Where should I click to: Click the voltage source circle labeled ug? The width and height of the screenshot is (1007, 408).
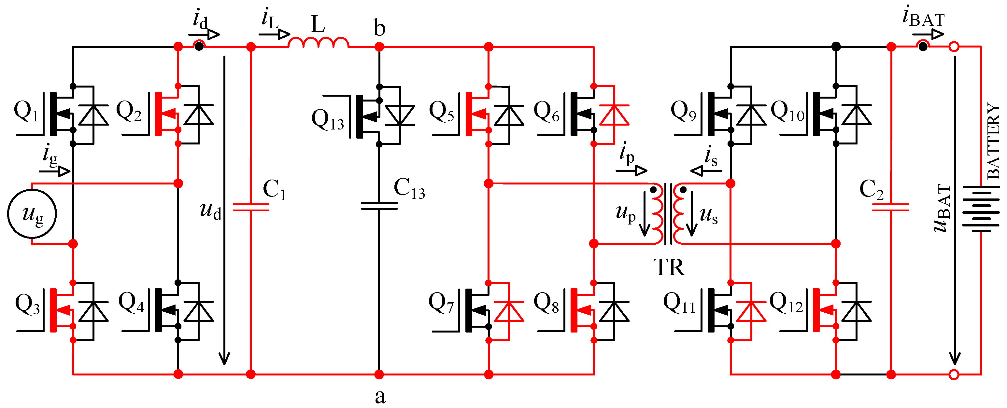click(32, 213)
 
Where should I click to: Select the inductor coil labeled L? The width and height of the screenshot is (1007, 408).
click(318, 42)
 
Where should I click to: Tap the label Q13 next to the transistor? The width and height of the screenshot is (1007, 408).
click(328, 119)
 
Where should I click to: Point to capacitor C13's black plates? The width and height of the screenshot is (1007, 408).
click(379, 206)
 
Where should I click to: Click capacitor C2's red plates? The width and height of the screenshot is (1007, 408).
click(890, 207)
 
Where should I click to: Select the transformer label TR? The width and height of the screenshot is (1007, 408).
click(669, 268)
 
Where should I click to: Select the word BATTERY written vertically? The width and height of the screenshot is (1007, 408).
click(993, 141)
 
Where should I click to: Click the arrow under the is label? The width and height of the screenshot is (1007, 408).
click(706, 170)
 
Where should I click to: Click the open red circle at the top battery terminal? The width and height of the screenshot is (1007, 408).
click(954, 47)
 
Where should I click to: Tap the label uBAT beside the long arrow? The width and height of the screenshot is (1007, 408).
click(942, 209)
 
